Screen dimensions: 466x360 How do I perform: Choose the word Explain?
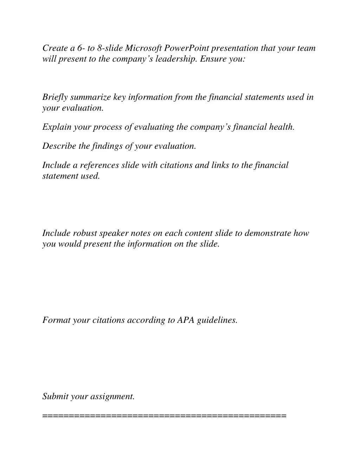pyautogui.click(x=57, y=127)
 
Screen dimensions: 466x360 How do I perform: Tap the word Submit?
pyautogui.click(x=55, y=396)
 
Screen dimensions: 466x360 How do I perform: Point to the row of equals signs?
pyautogui.click(x=165, y=416)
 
